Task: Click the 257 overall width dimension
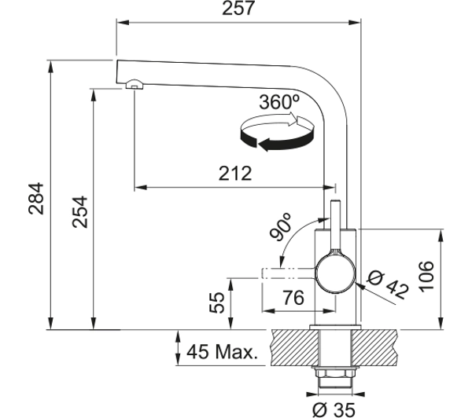pos(238,8)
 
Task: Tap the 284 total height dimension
pos(36,198)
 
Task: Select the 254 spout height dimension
pos(80,212)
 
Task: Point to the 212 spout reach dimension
pos(234,174)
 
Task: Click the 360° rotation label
pos(279,102)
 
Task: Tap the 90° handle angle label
pos(280,227)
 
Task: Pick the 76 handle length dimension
pos(293,298)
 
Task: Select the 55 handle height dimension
pos(217,302)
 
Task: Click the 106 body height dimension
pos(426,277)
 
